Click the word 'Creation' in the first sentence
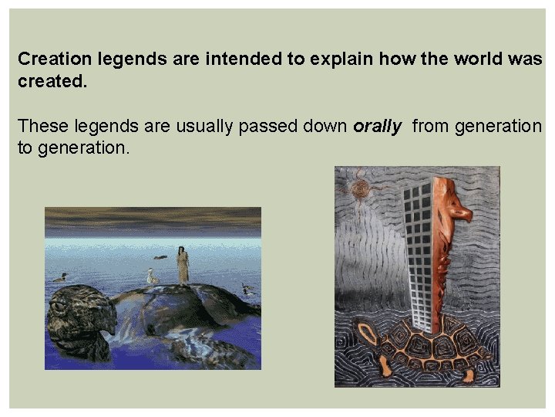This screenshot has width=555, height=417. (x=52, y=59)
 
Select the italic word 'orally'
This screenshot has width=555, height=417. (x=378, y=126)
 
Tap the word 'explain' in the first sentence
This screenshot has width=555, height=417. (x=323, y=59)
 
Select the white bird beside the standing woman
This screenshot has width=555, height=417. (x=152, y=276)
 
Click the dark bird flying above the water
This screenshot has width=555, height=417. (x=160, y=256)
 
